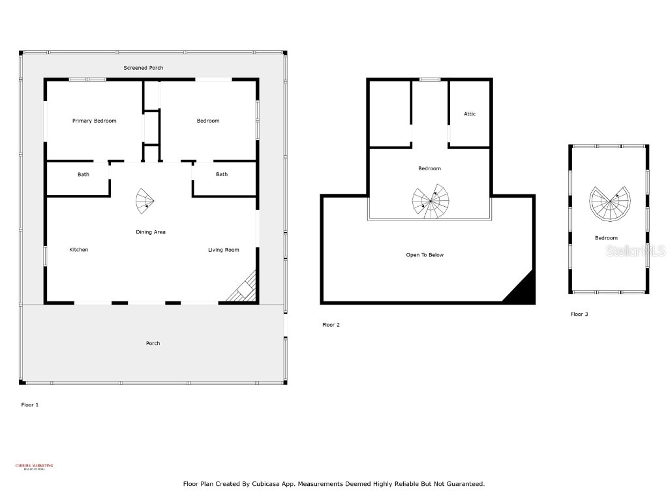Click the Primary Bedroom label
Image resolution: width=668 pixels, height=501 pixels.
94,121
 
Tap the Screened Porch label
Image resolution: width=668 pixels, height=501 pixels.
144,68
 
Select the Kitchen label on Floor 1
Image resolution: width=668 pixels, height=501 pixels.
78,250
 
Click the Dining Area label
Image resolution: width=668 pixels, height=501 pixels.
150,232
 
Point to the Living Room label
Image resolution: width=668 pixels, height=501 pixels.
223,250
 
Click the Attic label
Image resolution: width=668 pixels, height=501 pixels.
470,114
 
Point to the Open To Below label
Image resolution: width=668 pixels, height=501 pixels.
425,255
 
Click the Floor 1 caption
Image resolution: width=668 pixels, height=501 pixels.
30,405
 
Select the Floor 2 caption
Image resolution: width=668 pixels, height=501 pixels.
331,325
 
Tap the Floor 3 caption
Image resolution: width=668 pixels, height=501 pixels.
579,314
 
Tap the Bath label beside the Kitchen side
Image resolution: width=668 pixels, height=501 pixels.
83,175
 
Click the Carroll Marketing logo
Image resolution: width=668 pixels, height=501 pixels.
34,466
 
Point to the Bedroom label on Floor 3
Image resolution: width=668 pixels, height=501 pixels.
606,238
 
